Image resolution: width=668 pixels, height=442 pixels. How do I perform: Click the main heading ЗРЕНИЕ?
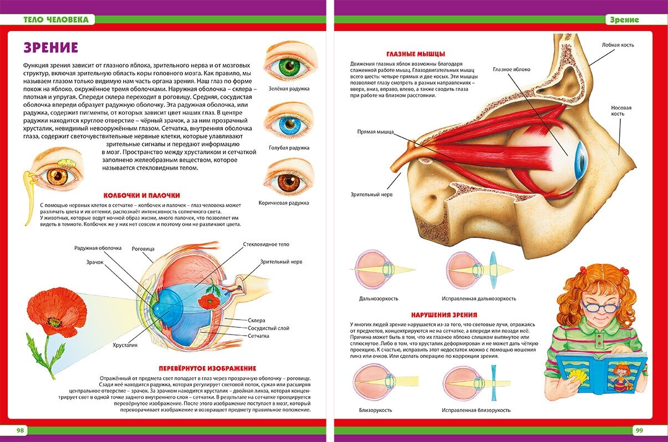pos(51,48)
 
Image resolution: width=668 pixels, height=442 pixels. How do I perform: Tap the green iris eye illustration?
pos(288,68)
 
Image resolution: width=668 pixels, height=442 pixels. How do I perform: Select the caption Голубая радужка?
pos(289,148)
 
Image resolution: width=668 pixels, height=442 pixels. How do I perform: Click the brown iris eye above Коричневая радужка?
pos(289,182)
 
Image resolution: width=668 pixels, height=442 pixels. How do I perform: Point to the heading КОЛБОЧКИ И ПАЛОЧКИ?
pos(142,195)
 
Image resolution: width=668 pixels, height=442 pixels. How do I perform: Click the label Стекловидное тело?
pos(266,244)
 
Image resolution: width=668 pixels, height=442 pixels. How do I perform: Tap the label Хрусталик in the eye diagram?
pos(125,345)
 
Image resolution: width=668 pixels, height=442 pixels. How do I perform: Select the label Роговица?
pos(143,249)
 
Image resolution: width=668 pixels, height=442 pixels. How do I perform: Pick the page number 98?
pos(21,430)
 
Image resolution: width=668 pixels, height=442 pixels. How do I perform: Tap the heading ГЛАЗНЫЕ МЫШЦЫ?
pos(415,54)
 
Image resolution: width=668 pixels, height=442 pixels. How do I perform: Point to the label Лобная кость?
pos(618,45)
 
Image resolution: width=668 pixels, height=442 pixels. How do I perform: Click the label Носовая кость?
pos(621,111)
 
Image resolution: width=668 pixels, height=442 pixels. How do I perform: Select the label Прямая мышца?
pos(375,132)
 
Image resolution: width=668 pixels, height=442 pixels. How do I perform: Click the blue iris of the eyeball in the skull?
pos(580,160)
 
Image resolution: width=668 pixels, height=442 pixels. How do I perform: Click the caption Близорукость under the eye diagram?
pos(375,410)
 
